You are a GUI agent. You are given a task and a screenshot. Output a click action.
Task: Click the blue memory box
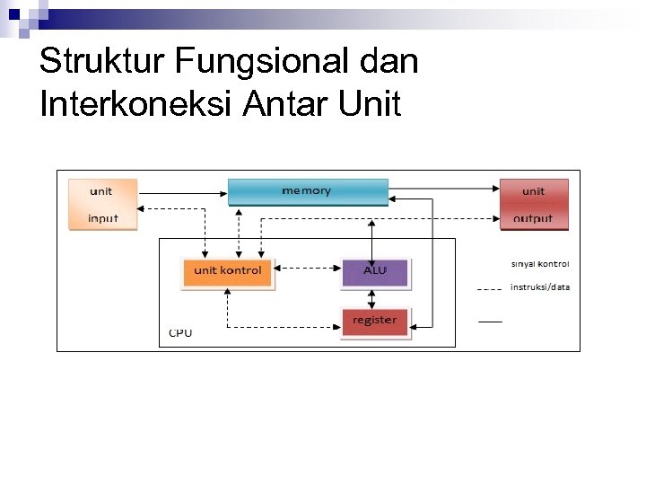tap(307, 191)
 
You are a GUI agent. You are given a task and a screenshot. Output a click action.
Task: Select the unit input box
tap(103, 205)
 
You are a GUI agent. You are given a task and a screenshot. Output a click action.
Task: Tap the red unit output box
tap(534, 205)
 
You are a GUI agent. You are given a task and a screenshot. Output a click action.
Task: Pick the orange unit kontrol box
tap(228, 271)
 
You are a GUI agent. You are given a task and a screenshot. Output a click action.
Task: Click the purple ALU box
tap(375, 271)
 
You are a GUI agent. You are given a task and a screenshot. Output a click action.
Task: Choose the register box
tap(375, 322)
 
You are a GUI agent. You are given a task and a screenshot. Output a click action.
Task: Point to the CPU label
tap(180, 333)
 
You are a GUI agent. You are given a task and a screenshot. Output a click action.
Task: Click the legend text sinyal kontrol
tap(540, 264)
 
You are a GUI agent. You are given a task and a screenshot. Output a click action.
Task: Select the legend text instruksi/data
tap(540, 287)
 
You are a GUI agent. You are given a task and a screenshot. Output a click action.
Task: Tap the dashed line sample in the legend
tap(490, 290)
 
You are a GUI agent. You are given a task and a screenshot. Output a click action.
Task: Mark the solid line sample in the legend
tap(490, 321)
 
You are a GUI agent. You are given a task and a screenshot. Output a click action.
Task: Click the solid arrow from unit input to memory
tap(183, 190)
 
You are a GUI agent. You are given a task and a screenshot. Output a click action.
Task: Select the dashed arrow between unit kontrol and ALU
tap(307, 267)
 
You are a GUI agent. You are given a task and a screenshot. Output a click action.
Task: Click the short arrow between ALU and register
tap(374, 297)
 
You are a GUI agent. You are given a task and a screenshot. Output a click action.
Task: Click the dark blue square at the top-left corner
tap(13, 14)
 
